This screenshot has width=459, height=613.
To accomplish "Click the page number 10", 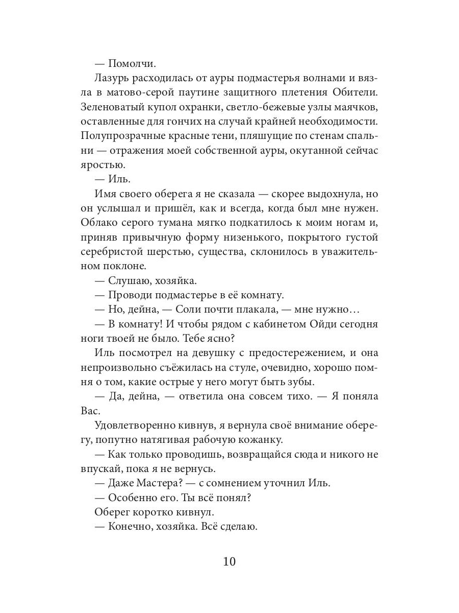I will tap(229, 562).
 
